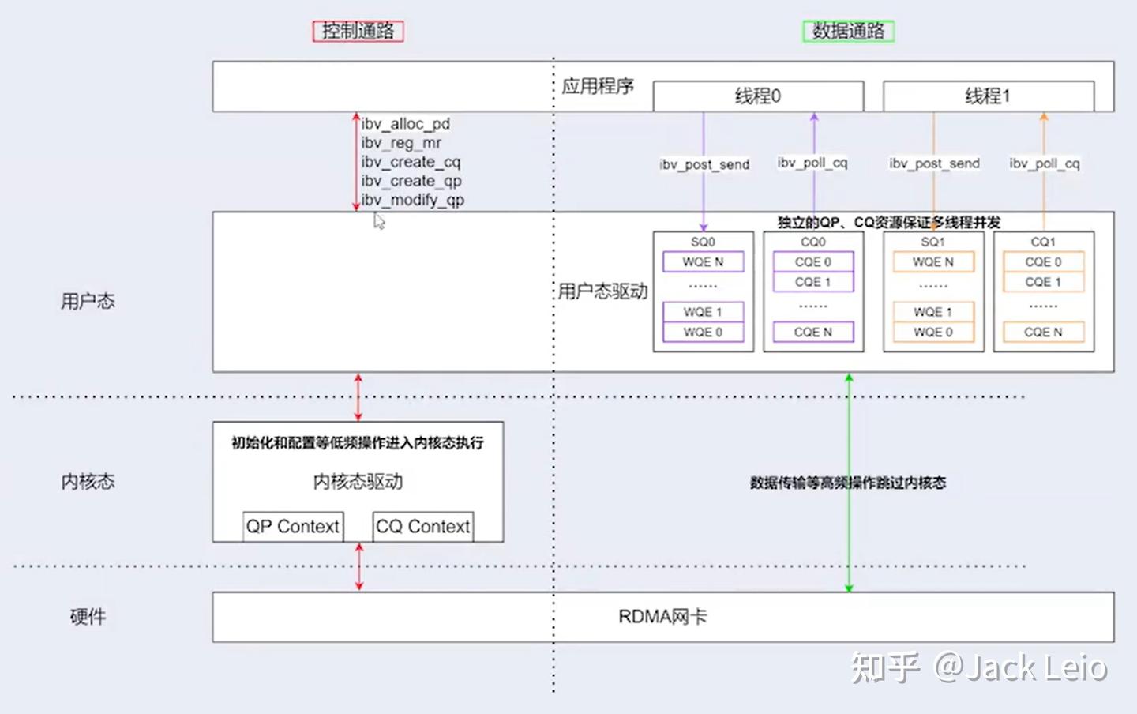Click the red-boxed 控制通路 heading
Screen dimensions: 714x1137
tap(358, 31)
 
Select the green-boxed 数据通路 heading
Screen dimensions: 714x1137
tap(848, 31)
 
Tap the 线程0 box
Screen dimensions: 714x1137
tap(758, 96)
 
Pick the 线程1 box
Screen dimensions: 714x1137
tap(988, 96)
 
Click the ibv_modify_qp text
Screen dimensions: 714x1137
tap(413, 200)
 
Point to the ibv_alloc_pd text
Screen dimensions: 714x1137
tap(406, 124)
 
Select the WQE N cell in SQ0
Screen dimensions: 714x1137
tap(703, 261)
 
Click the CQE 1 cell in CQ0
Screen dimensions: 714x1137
tap(812, 282)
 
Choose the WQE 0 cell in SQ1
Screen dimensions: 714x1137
tap(932, 333)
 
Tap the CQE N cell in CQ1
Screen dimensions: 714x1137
tap(1043, 333)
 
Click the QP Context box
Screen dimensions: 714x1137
tap(292, 527)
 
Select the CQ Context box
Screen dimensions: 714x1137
tap(422, 527)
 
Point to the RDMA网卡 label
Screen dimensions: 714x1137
tap(662, 617)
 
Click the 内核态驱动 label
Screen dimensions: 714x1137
tap(358, 482)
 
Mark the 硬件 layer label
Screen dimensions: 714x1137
tap(88, 617)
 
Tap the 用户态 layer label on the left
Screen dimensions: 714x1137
tap(88, 301)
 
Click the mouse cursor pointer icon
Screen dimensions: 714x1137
tap(379, 222)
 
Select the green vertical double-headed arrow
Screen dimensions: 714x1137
tap(849, 482)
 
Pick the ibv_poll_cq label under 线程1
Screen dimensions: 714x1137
tap(1044, 163)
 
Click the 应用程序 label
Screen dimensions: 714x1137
tap(598, 86)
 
